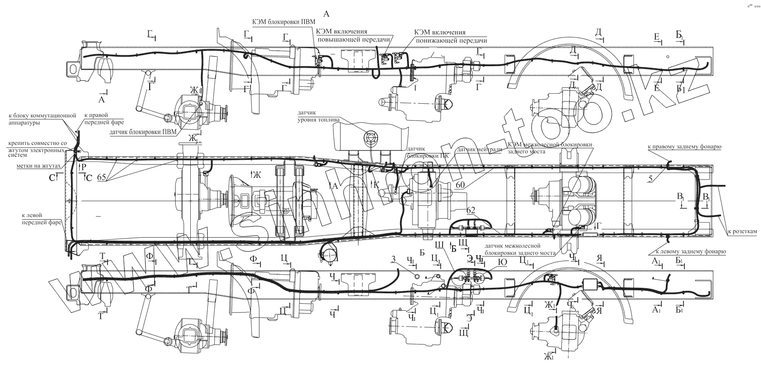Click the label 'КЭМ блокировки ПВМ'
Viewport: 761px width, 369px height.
(x=283, y=20)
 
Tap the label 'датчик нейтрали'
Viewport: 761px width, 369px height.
(x=473, y=149)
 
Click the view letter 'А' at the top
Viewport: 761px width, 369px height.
(x=327, y=12)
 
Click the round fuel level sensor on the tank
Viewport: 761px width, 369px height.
(x=371, y=136)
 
